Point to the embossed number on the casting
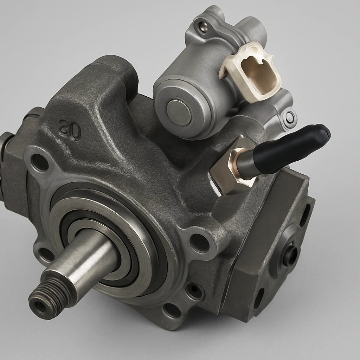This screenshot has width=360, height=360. point(70,129)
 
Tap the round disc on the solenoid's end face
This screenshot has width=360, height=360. point(179,112)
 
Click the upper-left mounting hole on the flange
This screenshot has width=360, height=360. point(40,162)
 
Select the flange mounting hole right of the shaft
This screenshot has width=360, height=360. point(199,242)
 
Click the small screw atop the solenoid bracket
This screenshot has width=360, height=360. point(202,26)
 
